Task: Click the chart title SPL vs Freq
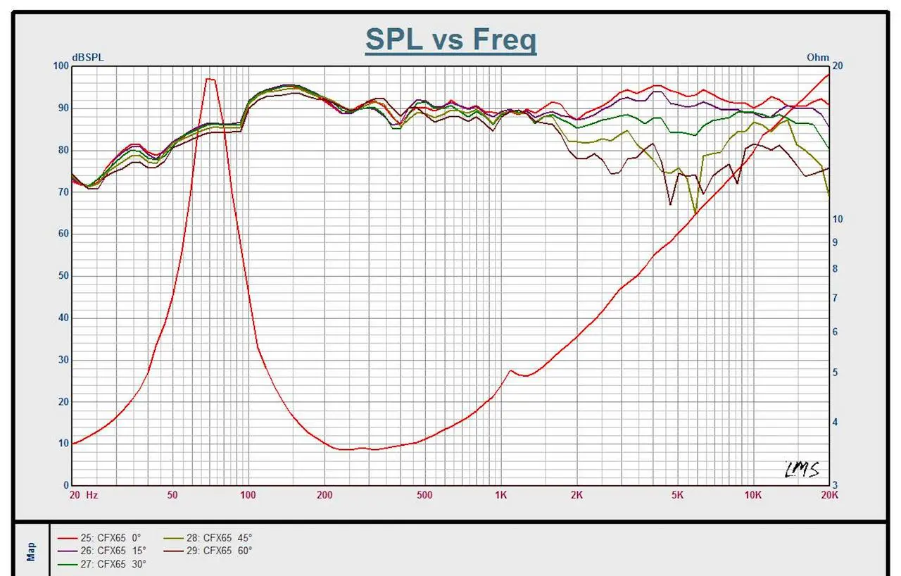pos(450,39)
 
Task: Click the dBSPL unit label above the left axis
pos(87,58)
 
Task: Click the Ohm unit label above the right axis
pos(818,58)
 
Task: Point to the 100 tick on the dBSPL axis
pos(61,66)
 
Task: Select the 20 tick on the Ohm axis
pos(837,66)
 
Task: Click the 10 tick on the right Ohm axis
pos(838,219)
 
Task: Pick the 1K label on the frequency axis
pos(500,495)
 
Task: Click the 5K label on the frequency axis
pos(677,495)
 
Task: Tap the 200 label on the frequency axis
pos(325,495)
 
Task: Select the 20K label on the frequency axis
pos(829,495)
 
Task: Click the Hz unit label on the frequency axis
pos(92,495)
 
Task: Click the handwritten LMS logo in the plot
pos(802,469)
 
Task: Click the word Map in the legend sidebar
pos(31,551)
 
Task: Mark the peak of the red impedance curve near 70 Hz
pos(210,79)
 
